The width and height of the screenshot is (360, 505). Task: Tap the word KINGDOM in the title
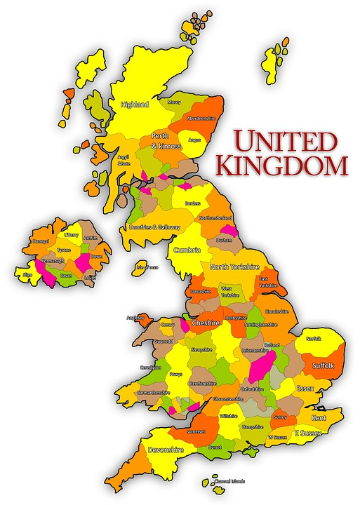click(282, 166)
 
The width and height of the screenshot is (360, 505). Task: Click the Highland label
click(135, 105)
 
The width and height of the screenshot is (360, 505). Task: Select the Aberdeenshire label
click(201, 118)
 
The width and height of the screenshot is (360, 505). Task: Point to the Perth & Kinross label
click(166, 140)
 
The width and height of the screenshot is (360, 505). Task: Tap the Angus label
click(195, 140)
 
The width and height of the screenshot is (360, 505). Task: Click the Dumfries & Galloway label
click(154, 227)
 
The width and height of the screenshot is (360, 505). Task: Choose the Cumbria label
click(187, 250)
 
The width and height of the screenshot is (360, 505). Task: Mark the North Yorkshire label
click(234, 267)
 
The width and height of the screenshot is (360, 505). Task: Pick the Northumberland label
click(215, 218)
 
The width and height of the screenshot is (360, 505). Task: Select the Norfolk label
click(313, 339)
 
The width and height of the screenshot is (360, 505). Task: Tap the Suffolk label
click(322, 365)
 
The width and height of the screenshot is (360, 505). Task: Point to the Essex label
click(305, 388)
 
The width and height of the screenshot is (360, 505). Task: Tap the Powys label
click(175, 374)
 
